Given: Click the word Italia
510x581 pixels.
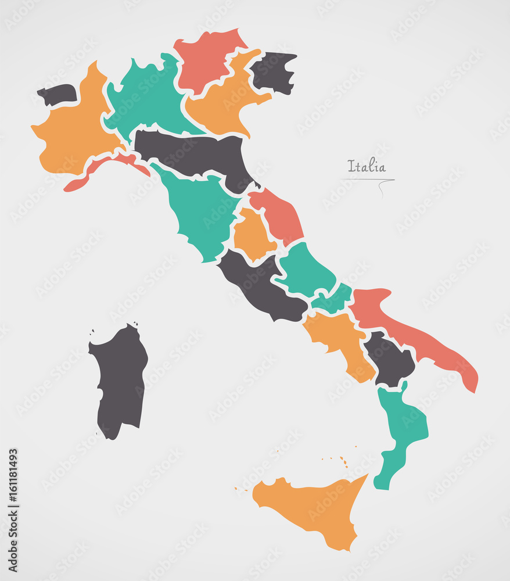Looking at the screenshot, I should coord(367,166).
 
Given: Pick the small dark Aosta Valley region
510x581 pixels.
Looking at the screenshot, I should coord(58,94).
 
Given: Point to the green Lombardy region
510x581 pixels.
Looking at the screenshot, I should coord(148,96).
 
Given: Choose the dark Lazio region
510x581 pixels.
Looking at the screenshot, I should coord(258,285).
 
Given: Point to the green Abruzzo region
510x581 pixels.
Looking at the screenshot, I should coord(305,268).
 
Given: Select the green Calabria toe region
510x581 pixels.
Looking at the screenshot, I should coord(401,430).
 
